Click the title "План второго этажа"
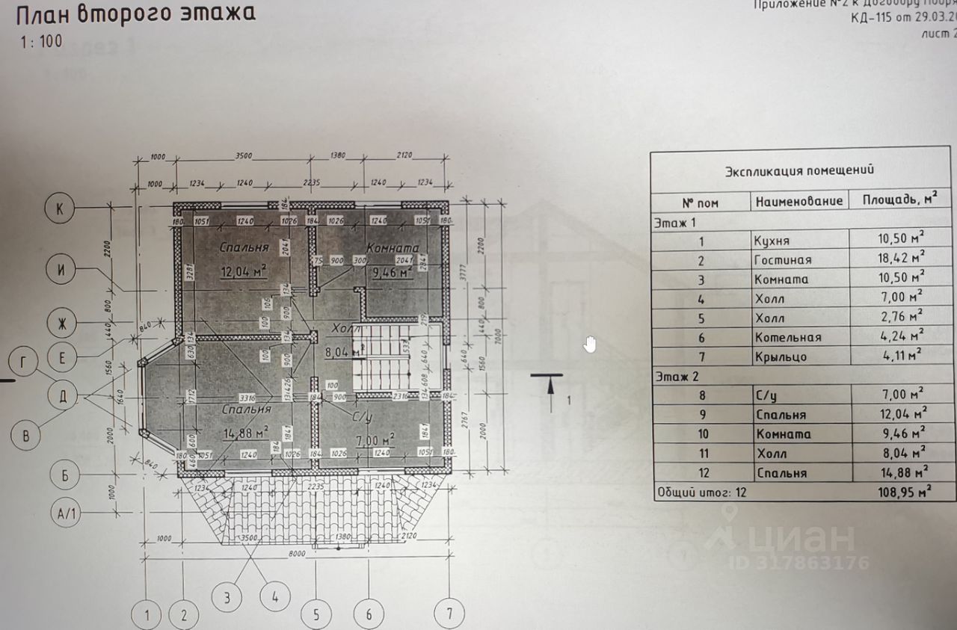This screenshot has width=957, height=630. [135, 14]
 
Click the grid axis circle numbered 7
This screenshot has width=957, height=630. [449, 614]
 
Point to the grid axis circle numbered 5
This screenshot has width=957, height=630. [317, 614]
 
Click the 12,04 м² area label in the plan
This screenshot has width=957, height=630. [243, 272]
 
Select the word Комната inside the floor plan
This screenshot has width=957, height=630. [392, 248]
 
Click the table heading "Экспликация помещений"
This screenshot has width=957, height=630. [799, 170]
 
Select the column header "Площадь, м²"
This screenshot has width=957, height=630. [900, 200]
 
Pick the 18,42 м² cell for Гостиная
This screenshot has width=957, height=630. [901, 260]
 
